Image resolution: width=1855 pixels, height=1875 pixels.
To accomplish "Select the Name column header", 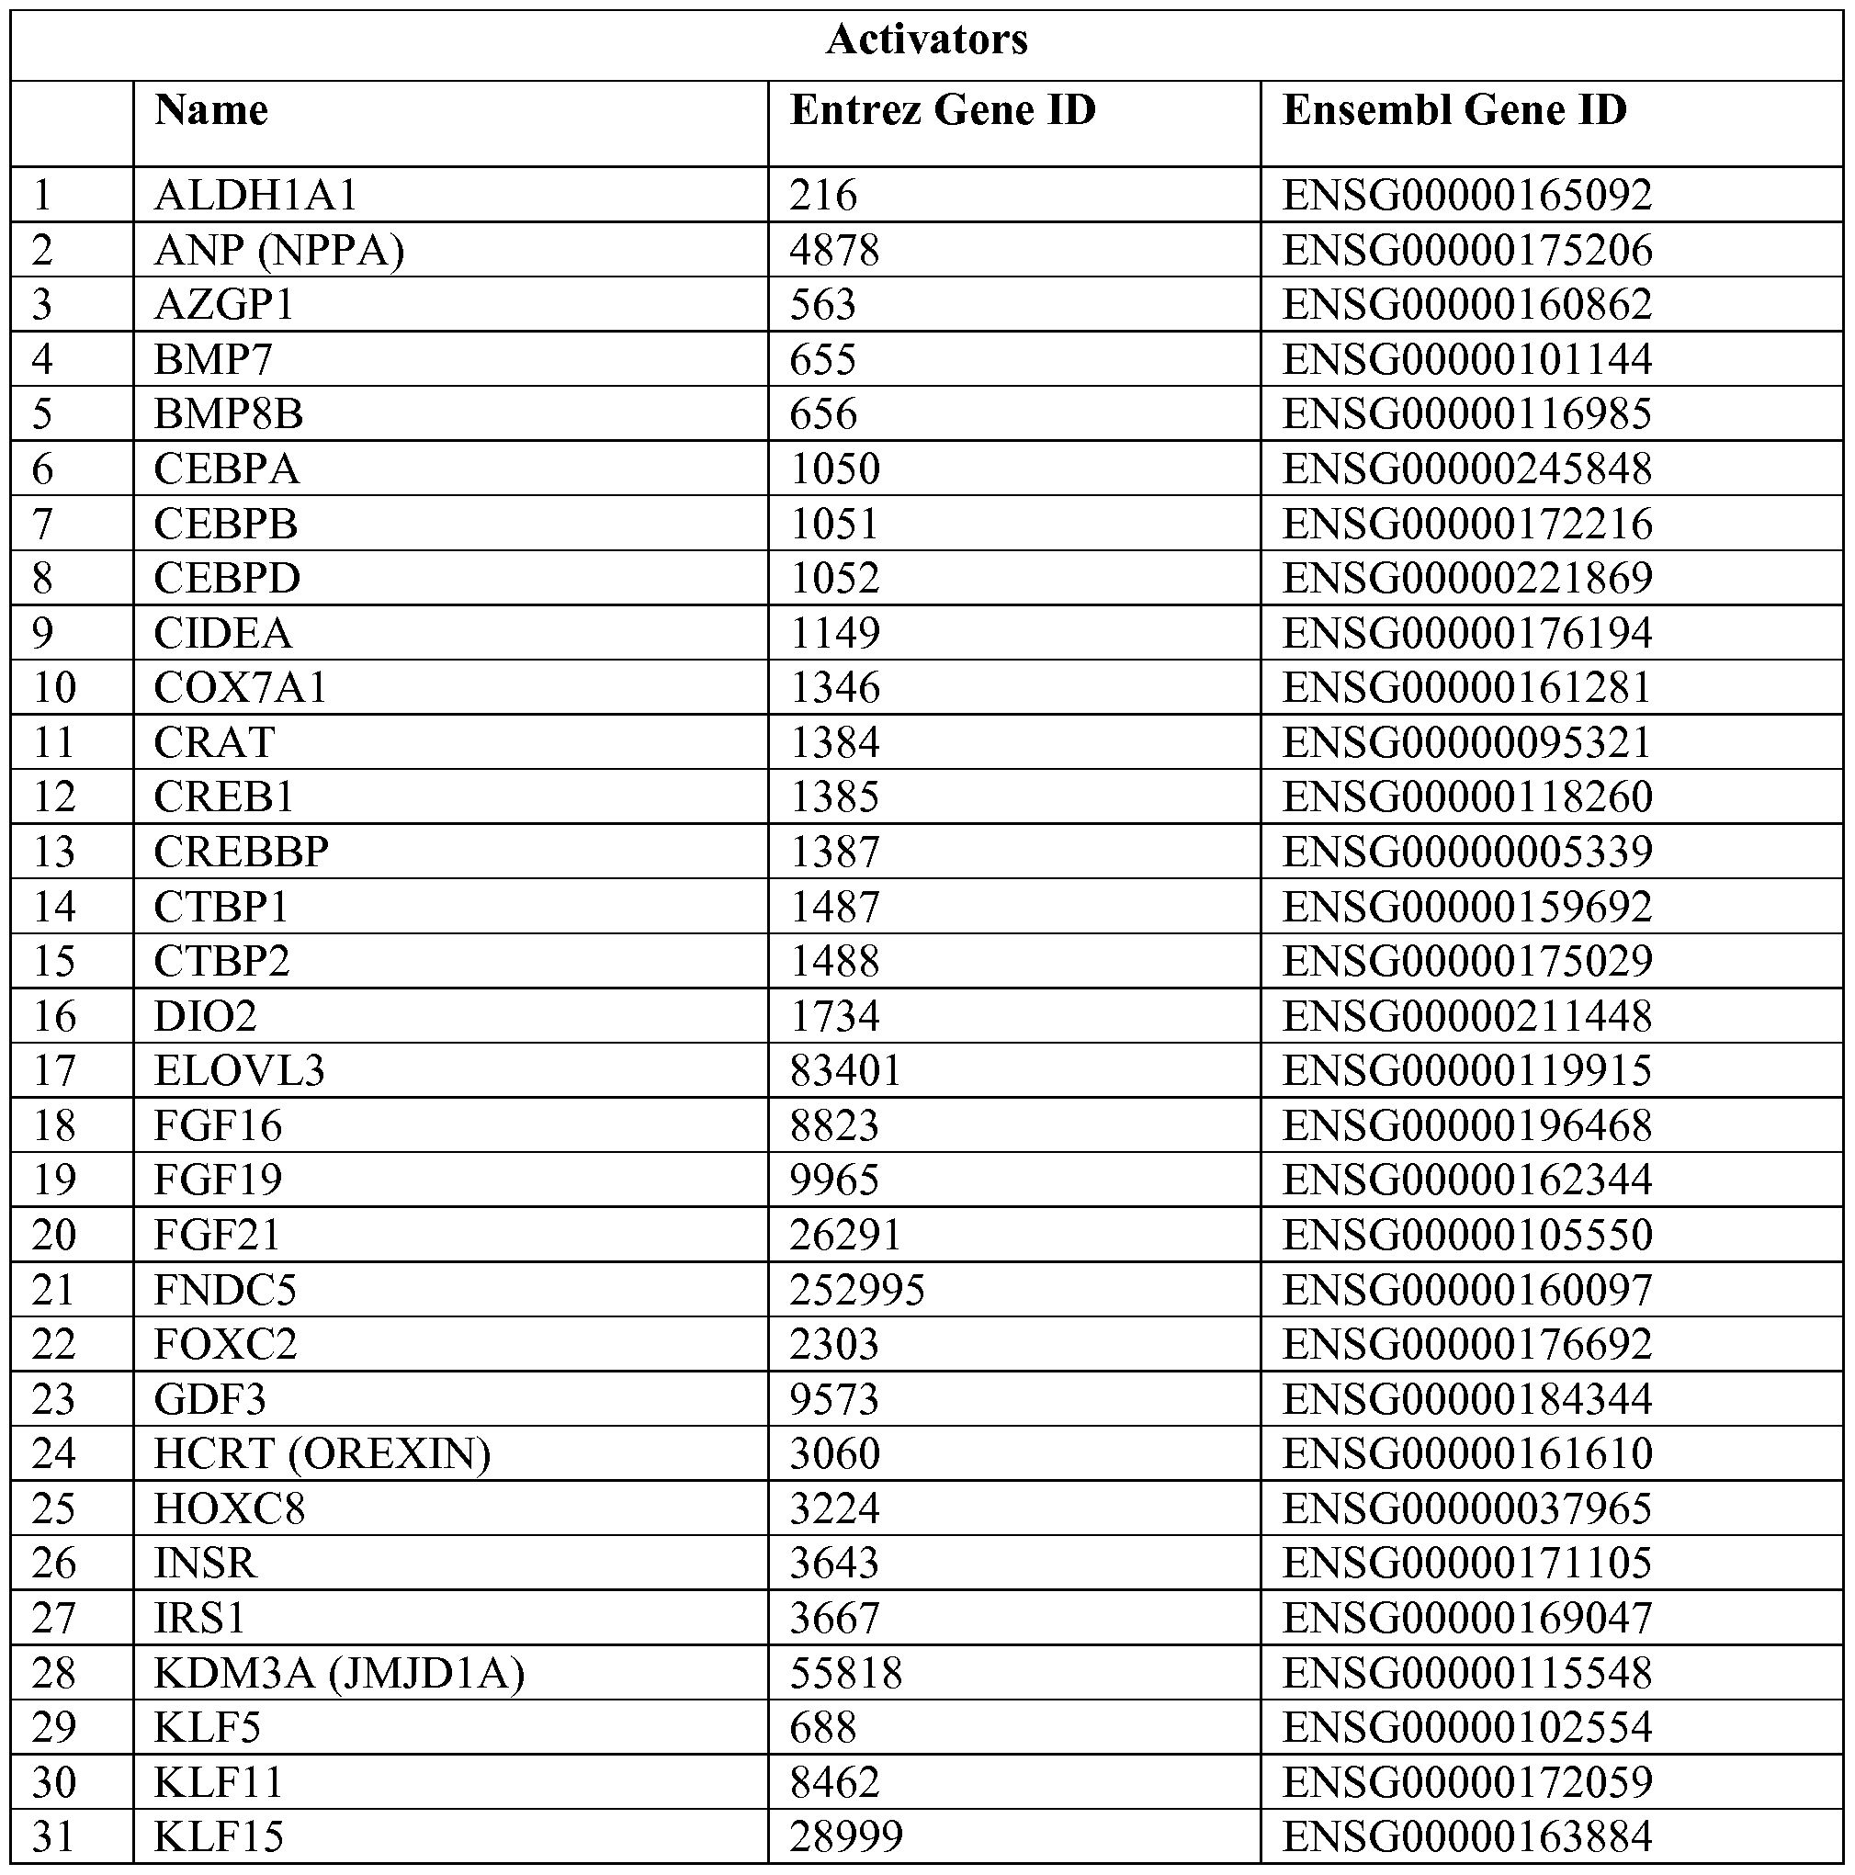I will point(210,109).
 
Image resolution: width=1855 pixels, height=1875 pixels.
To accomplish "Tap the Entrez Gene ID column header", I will point(942,109).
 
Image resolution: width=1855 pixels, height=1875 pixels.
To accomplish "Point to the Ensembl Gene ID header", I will point(1453,109).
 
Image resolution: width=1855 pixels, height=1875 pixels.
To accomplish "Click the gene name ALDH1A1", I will point(255,196).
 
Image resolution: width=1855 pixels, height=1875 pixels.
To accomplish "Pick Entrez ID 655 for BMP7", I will point(822,360).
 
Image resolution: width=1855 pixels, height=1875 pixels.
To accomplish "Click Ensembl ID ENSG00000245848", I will point(1465,469).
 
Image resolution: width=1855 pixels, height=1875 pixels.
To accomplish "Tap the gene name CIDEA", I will point(222,634).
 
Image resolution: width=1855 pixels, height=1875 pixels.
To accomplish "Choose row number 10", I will point(54,688).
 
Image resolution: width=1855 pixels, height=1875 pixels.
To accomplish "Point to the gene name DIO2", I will point(205,1016).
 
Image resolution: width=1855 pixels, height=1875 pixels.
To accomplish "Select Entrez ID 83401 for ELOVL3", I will point(845,1070).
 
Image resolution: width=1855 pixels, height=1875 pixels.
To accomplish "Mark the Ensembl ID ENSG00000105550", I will point(1465,1235).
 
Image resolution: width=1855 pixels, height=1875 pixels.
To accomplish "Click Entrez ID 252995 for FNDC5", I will point(856,1290).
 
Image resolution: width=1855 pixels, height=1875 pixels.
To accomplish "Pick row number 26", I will point(54,1563).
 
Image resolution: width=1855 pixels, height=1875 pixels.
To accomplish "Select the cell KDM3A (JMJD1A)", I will point(339,1672).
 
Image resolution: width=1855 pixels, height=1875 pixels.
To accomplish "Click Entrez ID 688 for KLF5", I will point(822,1726).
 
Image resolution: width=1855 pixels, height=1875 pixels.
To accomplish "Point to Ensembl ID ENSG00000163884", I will point(1465,1836).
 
